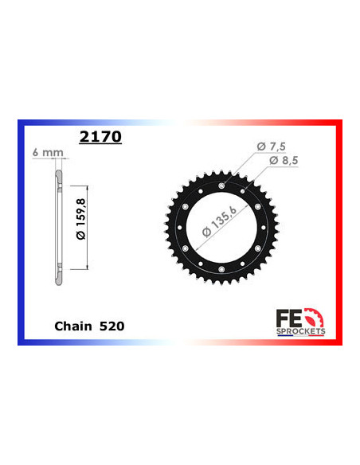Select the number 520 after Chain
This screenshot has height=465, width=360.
[x=112, y=326]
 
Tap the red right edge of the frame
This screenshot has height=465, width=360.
[x=340, y=232]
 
